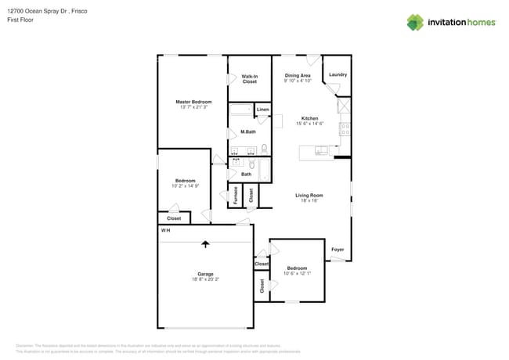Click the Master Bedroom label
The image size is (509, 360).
pos(193,102)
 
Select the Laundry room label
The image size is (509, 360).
pos(338,75)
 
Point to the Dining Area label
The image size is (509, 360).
pos(298,75)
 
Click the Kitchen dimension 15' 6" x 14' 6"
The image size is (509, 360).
pos(309,124)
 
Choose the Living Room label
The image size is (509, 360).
pos(309,195)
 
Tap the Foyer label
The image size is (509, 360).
pos(338,250)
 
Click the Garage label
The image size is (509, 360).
pos(205,274)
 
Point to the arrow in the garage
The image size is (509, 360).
pos(205,243)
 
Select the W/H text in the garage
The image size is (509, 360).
pos(165,231)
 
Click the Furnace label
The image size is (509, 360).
pos(235,196)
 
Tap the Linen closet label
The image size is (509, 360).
pos(262,110)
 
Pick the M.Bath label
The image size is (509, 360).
pos(247,131)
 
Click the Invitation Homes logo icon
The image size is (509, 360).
pos(415,22)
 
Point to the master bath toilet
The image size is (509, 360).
pos(265,148)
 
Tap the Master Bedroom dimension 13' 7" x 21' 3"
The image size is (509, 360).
pos(193,107)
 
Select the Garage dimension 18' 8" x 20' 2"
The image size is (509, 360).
pos(205,279)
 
